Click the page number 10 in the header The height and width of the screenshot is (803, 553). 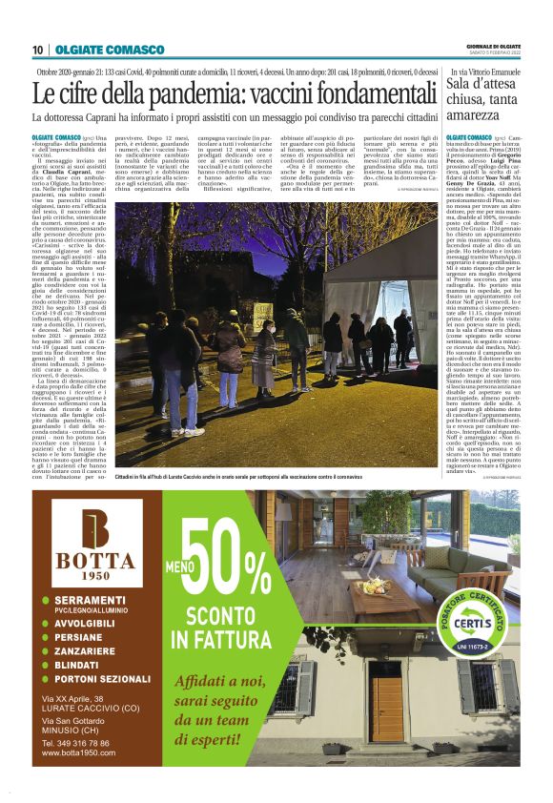tap(38, 50)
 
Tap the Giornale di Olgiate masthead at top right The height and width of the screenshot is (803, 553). tap(493, 46)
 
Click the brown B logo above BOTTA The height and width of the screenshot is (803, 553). tap(97, 526)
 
